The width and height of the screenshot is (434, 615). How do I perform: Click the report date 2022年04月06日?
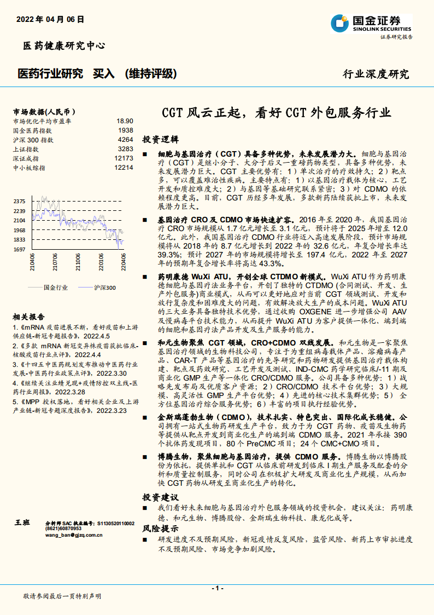(x=50, y=19)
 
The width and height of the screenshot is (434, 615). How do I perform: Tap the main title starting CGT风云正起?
(x=276, y=113)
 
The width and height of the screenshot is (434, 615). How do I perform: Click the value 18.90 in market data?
(x=125, y=120)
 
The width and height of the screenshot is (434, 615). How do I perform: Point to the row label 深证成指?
(x=26, y=158)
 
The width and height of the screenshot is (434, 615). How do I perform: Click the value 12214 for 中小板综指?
(x=124, y=167)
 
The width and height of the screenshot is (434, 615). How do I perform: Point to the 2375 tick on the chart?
(x=20, y=201)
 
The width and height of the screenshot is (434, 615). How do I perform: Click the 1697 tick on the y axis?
(x=20, y=249)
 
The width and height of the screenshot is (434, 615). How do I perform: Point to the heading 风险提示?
(x=160, y=529)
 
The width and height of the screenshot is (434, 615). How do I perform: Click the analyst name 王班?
(x=22, y=524)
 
